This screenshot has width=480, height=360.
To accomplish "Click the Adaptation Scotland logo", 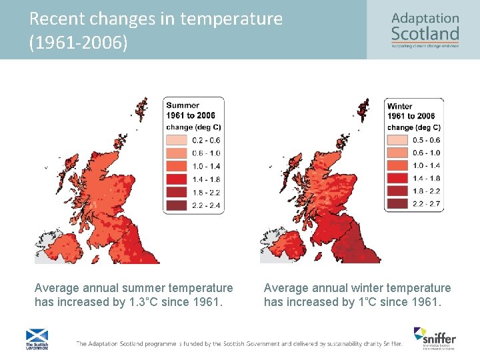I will pos(425,30).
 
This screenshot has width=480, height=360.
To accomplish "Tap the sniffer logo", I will pos(434,338).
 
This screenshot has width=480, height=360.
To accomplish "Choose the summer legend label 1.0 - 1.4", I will pos(205,167).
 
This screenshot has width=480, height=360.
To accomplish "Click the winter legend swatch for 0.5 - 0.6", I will pos(397,140).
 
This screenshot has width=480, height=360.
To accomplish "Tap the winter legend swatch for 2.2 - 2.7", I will pos(397,204).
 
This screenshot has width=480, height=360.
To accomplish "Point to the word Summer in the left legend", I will pos(183,105).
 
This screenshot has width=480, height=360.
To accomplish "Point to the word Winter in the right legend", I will pos(400,106).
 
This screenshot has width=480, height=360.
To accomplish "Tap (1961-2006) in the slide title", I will pos(78,43).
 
